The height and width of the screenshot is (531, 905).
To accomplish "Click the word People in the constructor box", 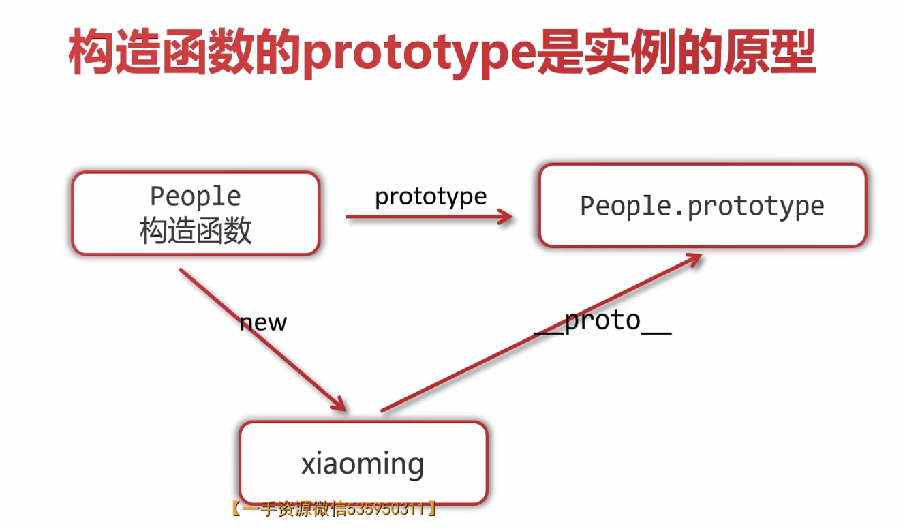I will (196, 196).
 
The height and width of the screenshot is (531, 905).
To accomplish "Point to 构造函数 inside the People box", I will (196, 231).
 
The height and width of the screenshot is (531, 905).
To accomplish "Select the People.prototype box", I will (702, 206).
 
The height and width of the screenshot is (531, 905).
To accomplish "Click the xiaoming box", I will (363, 464).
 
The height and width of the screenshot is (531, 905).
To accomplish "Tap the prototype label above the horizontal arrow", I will (431, 196).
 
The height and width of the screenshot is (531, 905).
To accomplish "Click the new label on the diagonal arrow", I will (263, 322).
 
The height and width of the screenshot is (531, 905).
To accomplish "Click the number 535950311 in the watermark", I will (386, 509).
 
